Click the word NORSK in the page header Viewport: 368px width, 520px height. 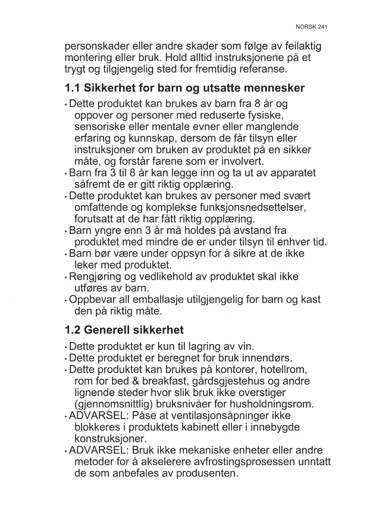(x=306, y=27)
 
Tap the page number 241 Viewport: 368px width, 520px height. (x=322, y=27)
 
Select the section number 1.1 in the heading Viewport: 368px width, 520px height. (x=73, y=88)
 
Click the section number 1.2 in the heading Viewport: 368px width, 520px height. (x=73, y=330)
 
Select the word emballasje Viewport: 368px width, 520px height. (x=158, y=300)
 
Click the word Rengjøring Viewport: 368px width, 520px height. (x=95, y=277)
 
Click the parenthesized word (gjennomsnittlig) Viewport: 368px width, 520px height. (x=114, y=404)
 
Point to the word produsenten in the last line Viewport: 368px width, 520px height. (x=207, y=473)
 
